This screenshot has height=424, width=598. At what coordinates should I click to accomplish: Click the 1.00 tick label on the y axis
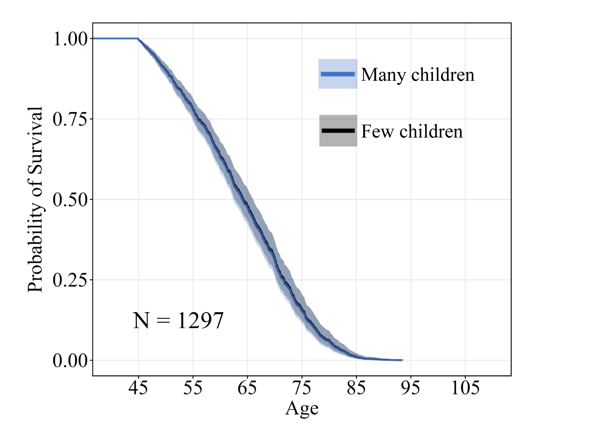pos(70,39)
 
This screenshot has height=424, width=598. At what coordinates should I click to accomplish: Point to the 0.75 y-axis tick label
pos(70,119)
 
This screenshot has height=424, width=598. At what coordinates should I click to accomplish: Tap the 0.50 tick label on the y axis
pos(70,199)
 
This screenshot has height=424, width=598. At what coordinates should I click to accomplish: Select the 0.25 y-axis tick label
pos(70,280)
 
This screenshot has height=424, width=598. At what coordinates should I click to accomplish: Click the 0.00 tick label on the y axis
pos(70,360)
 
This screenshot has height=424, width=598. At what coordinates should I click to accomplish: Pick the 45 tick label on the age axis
pos(138,388)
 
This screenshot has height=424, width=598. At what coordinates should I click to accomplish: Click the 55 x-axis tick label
pos(193,388)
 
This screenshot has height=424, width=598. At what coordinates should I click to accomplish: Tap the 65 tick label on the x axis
pos(247,388)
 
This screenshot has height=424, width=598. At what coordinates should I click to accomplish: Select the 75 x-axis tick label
pos(302,388)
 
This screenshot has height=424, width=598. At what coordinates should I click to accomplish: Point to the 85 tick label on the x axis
pos(356,388)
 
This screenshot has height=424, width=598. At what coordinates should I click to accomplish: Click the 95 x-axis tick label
pos(411,388)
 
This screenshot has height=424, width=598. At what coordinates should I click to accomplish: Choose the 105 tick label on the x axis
pos(465,388)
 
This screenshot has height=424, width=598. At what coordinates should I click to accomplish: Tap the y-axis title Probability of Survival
pos(35,199)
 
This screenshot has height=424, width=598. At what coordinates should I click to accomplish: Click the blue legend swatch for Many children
pos(338,74)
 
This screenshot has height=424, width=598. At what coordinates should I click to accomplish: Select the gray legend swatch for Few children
pos(338,131)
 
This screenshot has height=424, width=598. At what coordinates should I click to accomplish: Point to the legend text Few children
pos(412,131)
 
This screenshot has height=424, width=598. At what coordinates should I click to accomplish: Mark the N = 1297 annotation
pos(178,321)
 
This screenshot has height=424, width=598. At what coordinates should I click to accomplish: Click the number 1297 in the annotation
pos(201,321)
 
